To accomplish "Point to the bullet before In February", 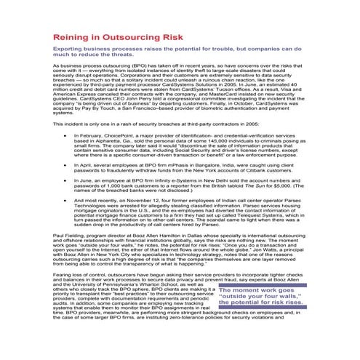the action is (66, 135).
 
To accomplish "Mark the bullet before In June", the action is (66, 185).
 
